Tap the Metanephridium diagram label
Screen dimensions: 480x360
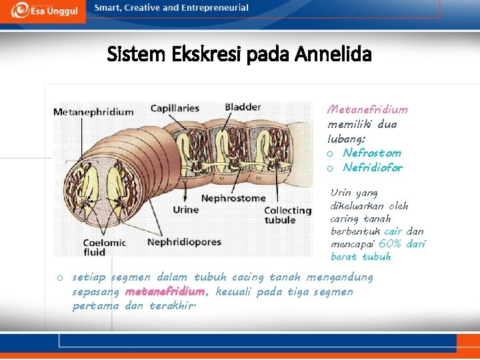pos(93,112)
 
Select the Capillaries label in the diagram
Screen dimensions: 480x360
pos(175,108)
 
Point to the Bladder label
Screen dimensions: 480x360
pos(243,107)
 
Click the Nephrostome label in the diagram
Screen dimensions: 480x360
pos(233,198)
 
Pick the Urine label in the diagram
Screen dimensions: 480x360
pos(186,209)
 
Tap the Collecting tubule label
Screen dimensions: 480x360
pos(288,215)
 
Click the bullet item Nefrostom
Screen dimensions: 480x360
pos(372,153)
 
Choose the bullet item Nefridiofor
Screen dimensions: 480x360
pos(373,168)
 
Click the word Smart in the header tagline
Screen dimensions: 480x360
pos(109,8)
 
